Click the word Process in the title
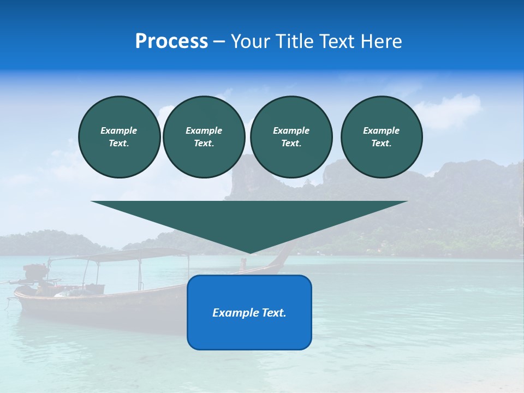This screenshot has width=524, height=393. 171,41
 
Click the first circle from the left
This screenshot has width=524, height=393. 119,137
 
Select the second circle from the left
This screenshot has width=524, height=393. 204,137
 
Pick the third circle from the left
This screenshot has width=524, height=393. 291,137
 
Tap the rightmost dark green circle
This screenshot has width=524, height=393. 381,137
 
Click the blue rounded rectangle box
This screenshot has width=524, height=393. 249,312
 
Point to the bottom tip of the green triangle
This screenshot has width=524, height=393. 249,253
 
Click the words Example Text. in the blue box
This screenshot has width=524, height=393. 249,313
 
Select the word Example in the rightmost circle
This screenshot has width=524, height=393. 381,130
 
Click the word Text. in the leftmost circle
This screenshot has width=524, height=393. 119,144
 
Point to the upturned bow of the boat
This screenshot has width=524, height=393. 284,253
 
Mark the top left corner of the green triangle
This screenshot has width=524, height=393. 92,201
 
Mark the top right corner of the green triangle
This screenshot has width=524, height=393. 407,201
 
